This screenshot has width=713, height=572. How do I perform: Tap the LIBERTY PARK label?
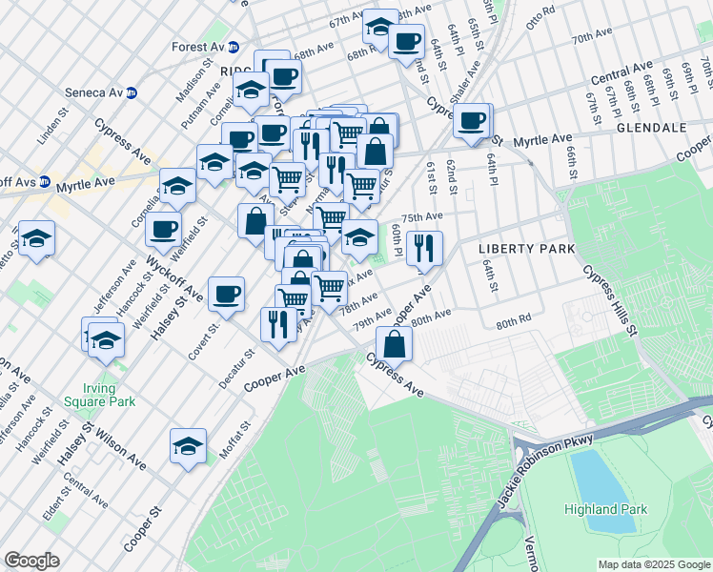[526, 249]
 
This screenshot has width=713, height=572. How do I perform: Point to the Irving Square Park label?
[92, 396]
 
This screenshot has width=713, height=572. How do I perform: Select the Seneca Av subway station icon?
[132, 92]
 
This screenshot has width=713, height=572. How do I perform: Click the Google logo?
[31, 561]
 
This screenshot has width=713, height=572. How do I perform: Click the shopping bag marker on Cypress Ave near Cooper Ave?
[394, 343]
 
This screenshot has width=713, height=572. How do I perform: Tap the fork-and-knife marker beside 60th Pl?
[424, 248]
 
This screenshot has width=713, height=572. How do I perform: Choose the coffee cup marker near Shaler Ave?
[471, 120]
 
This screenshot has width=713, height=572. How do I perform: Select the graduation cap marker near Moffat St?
[188, 445]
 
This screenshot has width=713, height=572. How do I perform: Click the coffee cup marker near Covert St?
[226, 294]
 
